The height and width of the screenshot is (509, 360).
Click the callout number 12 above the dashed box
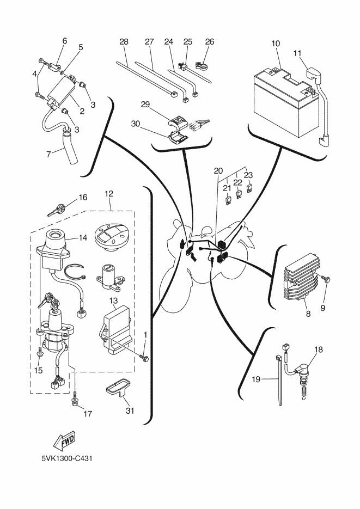[109, 193]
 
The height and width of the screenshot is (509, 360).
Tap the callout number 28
[124, 42]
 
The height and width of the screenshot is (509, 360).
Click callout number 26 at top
[210, 42]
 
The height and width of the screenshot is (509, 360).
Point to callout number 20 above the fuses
[218, 170]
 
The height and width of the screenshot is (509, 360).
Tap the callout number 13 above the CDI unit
[113, 301]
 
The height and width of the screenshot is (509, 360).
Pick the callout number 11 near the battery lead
[297, 53]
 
